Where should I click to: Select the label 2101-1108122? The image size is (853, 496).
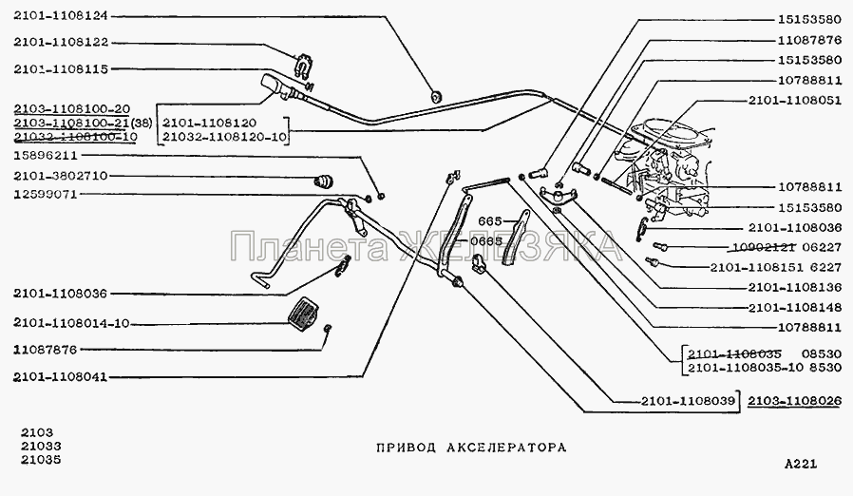click(x=61, y=42)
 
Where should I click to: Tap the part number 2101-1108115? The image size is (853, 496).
click(x=61, y=69)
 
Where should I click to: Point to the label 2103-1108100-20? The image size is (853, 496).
click(x=71, y=108)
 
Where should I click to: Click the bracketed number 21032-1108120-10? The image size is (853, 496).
click(x=224, y=137)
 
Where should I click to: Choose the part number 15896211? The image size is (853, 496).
click(x=46, y=155)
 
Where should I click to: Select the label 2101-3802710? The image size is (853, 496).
click(x=61, y=176)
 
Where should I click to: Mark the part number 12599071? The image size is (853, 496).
click(x=46, y=194)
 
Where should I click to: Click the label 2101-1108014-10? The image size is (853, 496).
click(x=71, y=323)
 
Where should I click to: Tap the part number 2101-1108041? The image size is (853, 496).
click(x=61, y=377)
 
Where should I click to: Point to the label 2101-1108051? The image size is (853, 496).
click(x=794, y=101)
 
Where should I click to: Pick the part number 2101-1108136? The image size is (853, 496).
click(x=794, y=286)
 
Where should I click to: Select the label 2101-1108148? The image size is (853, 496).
click(x=794, y=307)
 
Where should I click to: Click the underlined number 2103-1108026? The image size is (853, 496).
click(x=794, y=400)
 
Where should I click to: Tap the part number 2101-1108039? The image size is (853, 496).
click(x=690, y=400)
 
